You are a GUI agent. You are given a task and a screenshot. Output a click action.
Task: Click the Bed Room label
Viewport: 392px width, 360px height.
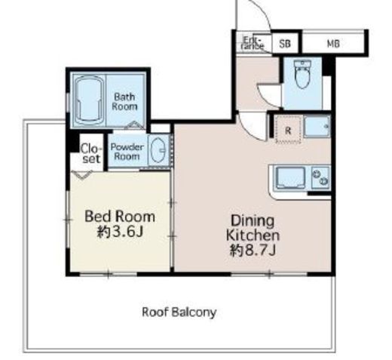pos(120,217)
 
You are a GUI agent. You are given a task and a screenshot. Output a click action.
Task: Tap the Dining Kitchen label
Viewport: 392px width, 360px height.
pos(253,228)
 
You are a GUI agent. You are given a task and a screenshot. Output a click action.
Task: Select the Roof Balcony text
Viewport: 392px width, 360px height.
pos(179,312)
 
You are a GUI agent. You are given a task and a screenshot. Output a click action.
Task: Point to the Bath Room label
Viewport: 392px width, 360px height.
pos(124,102)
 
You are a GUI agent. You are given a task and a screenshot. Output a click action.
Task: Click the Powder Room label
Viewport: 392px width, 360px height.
pos(127,152)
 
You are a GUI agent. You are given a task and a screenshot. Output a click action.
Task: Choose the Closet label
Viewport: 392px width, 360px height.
pos(91,153)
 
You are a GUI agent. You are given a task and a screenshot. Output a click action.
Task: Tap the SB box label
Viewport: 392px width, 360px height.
pos(285,44)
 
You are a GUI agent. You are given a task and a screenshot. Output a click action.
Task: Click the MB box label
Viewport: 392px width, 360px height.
pos(333,44)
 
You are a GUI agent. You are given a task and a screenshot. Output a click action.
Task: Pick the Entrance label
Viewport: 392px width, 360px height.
pos(253,43)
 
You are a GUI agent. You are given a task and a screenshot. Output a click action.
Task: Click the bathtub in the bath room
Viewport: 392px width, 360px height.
pos(90,100)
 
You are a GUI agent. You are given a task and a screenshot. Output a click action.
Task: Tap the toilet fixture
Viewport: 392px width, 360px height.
pos(302,74)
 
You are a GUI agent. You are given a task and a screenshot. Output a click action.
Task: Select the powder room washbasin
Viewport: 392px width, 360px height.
pos(158,150)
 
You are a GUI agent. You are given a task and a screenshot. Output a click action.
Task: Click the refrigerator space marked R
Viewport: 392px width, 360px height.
pos(289,130)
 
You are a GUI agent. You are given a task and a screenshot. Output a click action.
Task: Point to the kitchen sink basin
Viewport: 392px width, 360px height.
pos(291,178)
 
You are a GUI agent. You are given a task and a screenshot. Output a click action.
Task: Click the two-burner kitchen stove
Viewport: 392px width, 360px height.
pos(320,177)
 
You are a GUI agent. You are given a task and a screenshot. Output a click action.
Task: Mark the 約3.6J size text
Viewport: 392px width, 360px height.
pos(120,232)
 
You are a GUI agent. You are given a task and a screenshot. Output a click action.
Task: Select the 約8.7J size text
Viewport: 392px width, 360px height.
pos(253,250)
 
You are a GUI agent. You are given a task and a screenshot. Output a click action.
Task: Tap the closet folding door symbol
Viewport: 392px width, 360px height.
pos(82,174)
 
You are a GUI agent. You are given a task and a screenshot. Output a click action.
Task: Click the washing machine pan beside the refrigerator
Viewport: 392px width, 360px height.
pos(317,126)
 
